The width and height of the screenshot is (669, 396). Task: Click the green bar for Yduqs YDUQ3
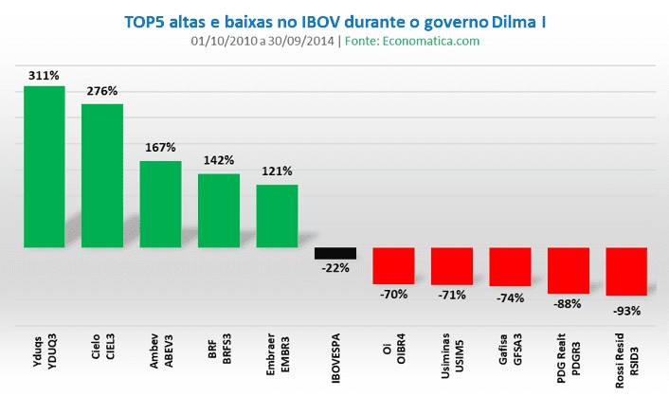(x=44, y=167)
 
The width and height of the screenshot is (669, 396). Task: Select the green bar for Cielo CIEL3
(x=102, y=175)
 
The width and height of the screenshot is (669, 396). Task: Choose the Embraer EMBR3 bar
(x=277, y=216)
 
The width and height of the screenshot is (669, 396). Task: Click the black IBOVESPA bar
(x=335, y=253)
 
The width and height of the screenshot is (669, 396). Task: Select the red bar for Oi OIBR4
(x=393, y=265)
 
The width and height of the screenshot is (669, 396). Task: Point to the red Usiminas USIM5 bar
(x=452, y=266)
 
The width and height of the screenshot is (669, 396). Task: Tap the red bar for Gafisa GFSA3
(x=510, y=267)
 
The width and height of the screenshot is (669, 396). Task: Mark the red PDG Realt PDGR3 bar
(x=568, y=270)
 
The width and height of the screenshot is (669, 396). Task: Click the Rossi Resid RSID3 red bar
(x=625, y=272)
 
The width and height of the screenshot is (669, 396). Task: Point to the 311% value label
(x=44, y=74)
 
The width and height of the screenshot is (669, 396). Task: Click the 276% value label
(x=102, y=92)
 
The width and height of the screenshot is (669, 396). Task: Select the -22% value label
(x=335, y=268)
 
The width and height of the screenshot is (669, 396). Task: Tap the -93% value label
(x=625, y=310)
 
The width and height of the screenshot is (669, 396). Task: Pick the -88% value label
(x=568, y=305)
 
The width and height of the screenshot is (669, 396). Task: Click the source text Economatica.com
(x=437, y=41)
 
